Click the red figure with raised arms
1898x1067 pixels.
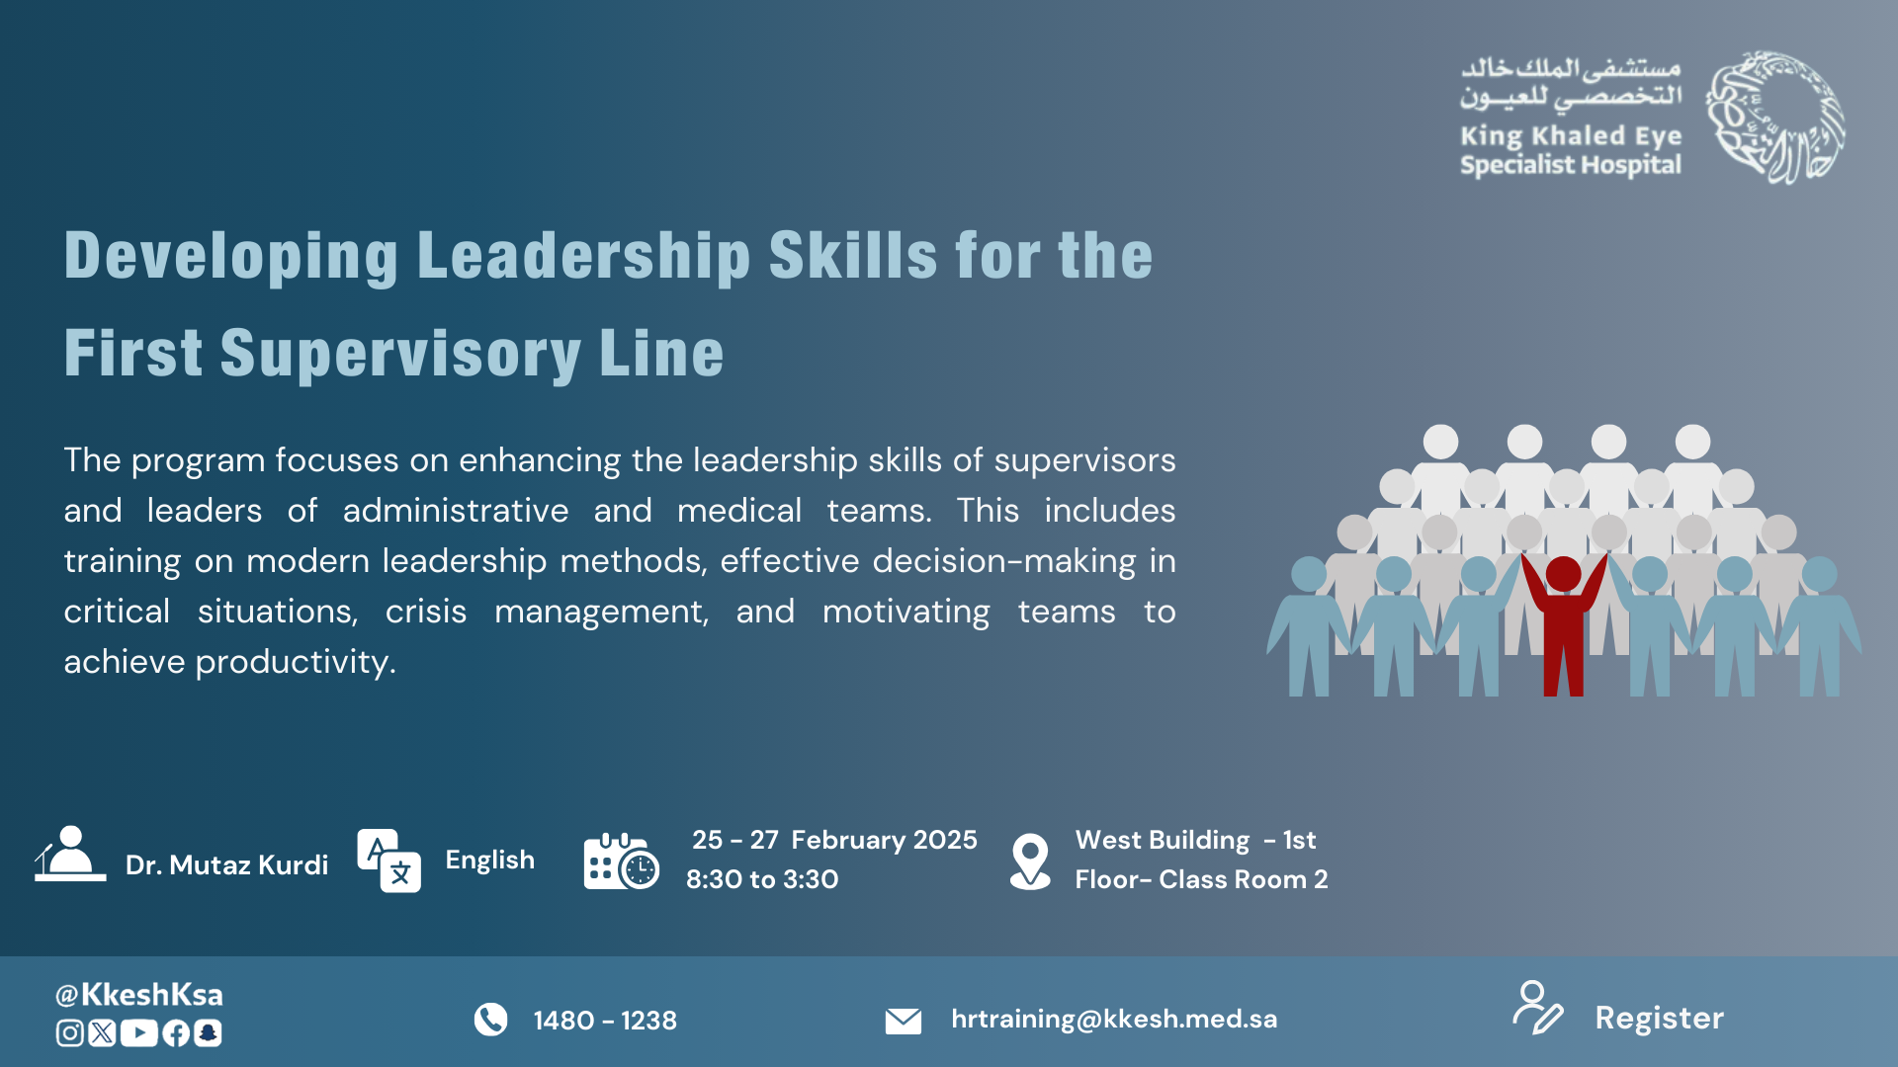(1563, 622)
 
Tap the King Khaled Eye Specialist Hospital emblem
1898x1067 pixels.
(1775, 118)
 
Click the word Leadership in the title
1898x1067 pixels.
(584, 256)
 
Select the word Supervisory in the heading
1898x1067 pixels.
(400, 354)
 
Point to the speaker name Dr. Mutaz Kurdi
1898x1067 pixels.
(226, 865)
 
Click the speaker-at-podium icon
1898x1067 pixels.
(70, 854)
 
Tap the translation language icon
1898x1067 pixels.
(388, 861)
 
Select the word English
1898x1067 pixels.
(489, 860)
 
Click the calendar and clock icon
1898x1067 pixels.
(621, 861)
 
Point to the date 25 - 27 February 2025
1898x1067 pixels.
(834, 840)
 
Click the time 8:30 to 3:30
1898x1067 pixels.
(762, 879)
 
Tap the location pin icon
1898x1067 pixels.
(1030, 862)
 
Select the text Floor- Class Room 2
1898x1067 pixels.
(1201, 879)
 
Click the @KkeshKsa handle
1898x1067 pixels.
(139, 994)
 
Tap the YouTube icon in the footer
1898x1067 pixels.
(139, 1033)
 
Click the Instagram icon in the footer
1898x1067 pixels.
(69, 1033)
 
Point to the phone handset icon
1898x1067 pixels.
(490, 1020)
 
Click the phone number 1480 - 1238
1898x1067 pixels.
(605, 1021)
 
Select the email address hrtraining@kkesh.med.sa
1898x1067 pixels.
(1114, 1019)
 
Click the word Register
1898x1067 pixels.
(1659, 1019)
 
